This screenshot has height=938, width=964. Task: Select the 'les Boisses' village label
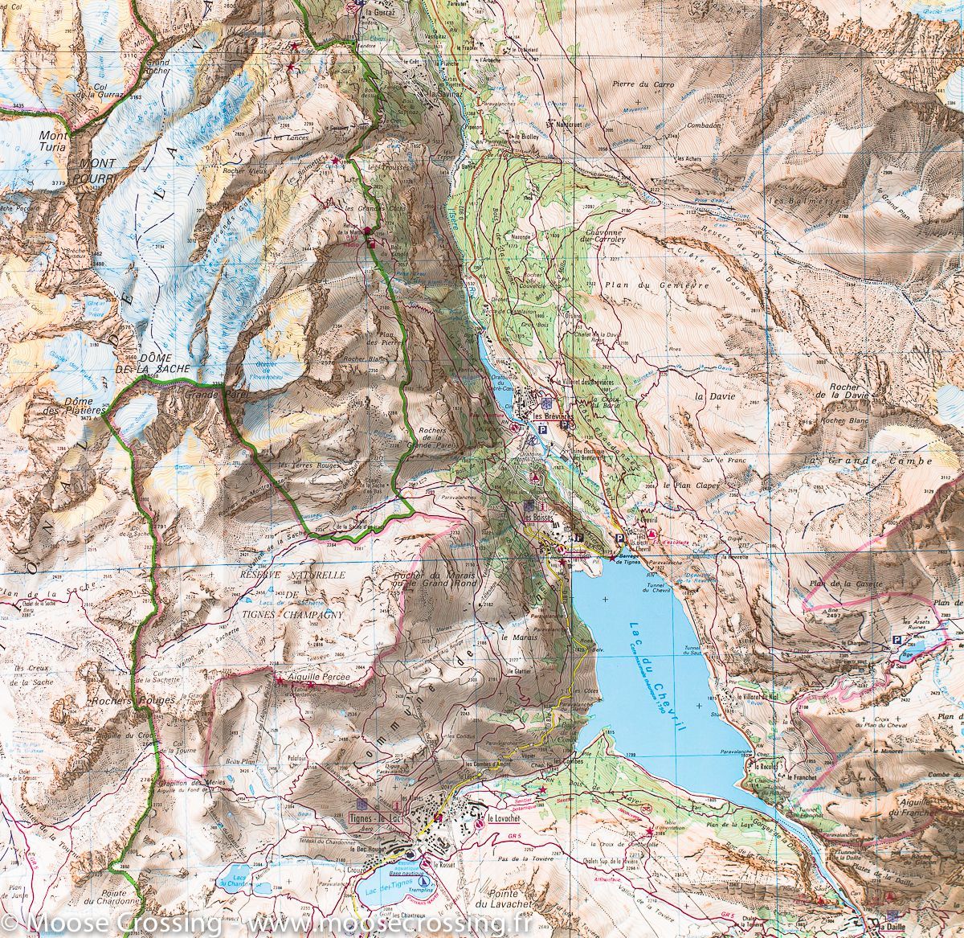click(540, 518)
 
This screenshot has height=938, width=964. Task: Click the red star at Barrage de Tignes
click(612, 555)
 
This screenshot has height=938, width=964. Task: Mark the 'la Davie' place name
click(711, 396)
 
